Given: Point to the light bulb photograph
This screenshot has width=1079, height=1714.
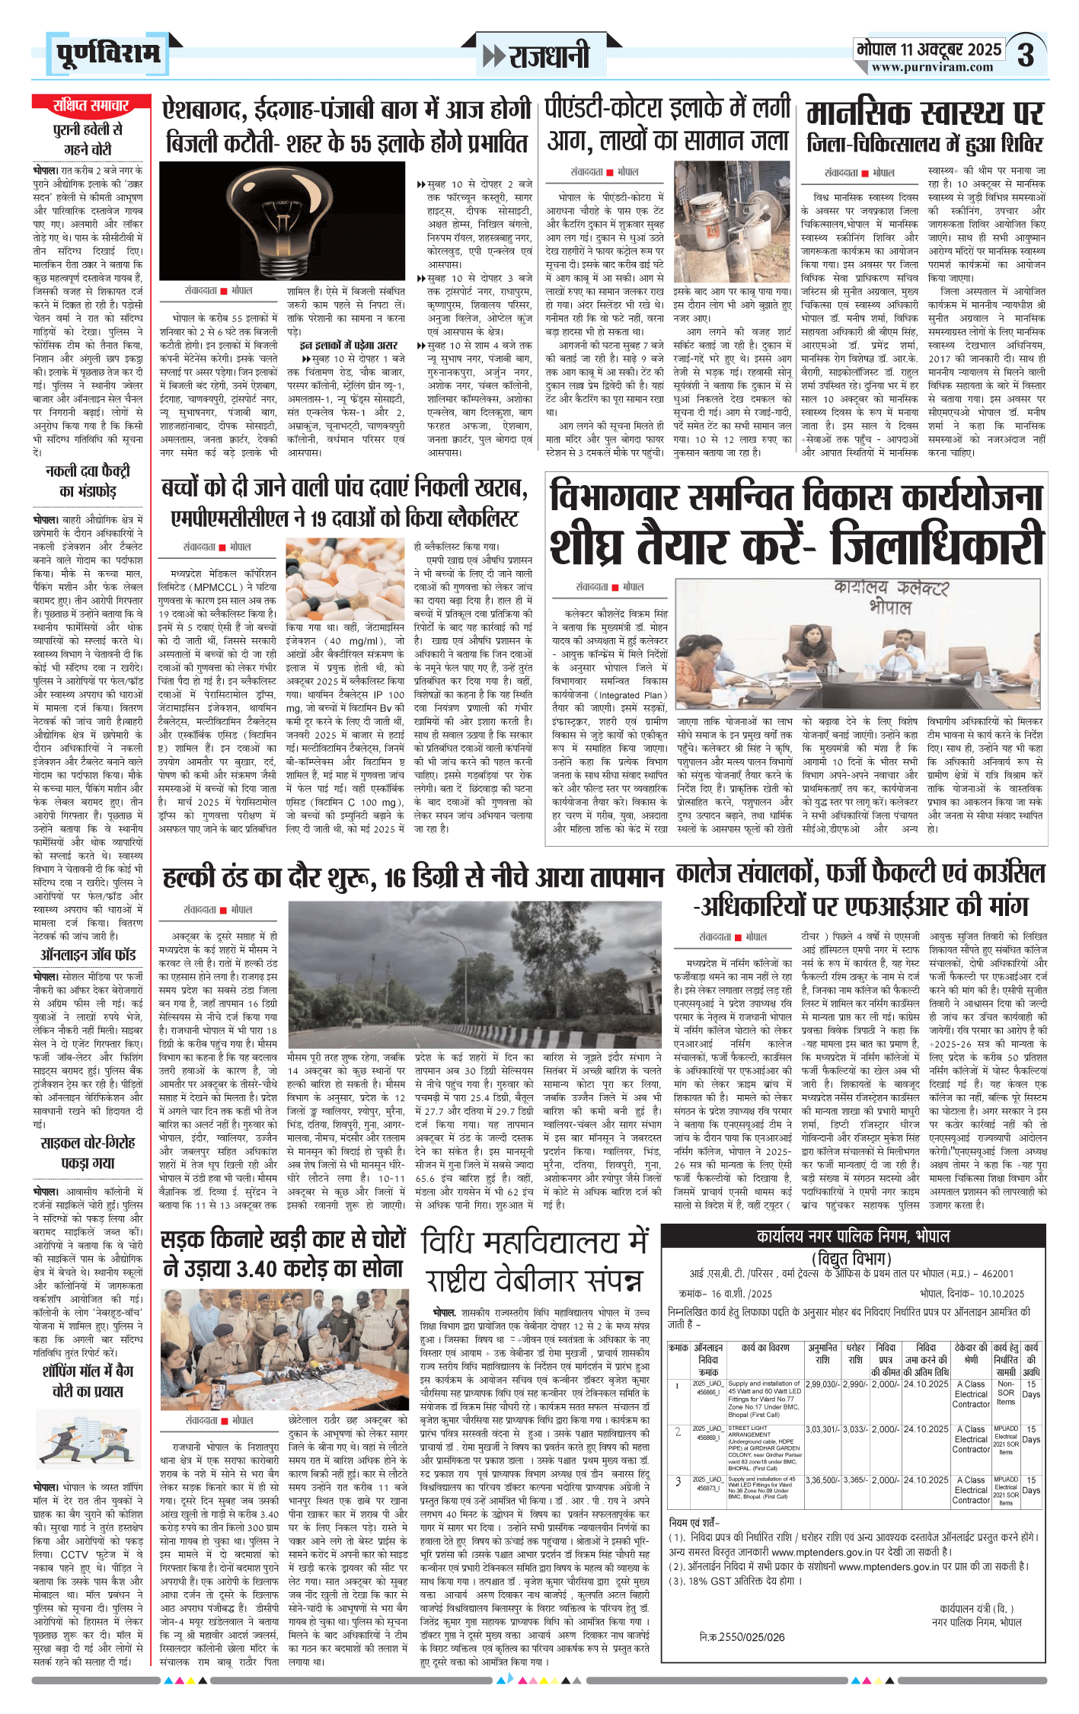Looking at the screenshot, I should coord(282,220).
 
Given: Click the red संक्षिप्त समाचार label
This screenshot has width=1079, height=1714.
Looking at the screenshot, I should coord(91,104).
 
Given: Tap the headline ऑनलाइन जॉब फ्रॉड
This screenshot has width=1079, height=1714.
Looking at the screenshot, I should coord(88,954).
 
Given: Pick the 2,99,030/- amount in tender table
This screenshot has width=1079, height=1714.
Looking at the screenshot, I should coord(823,1384).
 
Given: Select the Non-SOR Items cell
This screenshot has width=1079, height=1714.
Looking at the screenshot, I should coord(1006,1392).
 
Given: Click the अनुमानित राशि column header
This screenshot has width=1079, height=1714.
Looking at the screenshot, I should coord(823,1353).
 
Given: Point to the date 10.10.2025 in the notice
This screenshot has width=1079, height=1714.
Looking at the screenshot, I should coord(1002,1294).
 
